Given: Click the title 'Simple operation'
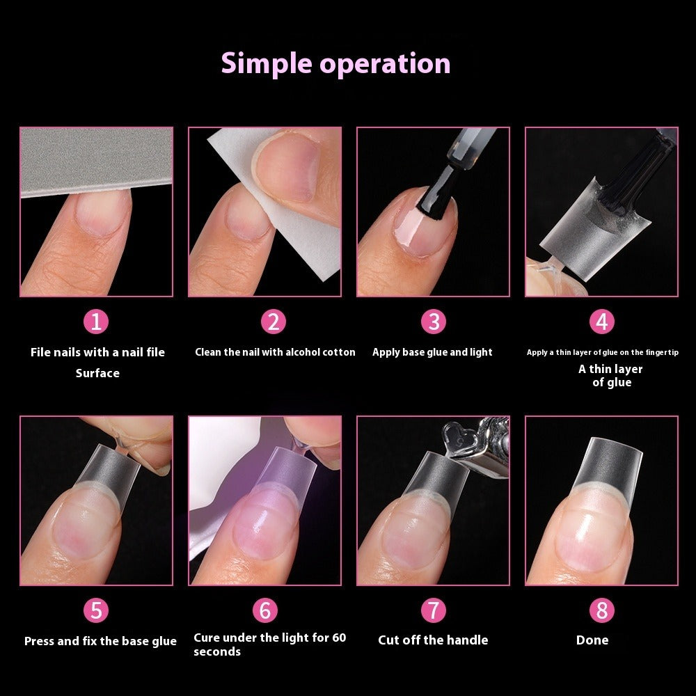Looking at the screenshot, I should (x=335, y=63).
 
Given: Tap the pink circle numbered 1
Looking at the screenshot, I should (x=97, y=322).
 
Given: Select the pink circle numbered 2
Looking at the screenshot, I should (x=274, y=322).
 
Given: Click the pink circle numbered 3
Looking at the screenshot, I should (x=433, y=322).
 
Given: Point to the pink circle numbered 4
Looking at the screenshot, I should (x=602, y=322).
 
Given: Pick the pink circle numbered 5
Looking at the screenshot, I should (x=97, y=610).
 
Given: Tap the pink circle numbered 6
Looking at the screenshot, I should (x=265, y=610).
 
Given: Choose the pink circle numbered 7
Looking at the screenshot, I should (x=433, y=610).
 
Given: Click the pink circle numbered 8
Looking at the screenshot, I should (x=602, y=610).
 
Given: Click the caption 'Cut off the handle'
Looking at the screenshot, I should (x=433, y=640).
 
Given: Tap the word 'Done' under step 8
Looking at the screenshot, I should (x=592, y=640).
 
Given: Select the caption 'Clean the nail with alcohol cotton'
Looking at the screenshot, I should (x=275, y=352).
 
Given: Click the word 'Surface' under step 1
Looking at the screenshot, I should (x=97, y=373).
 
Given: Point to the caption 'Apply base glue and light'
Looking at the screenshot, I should (x=432, y=352).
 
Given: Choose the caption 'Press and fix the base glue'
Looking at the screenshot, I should (x=100, y=641).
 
